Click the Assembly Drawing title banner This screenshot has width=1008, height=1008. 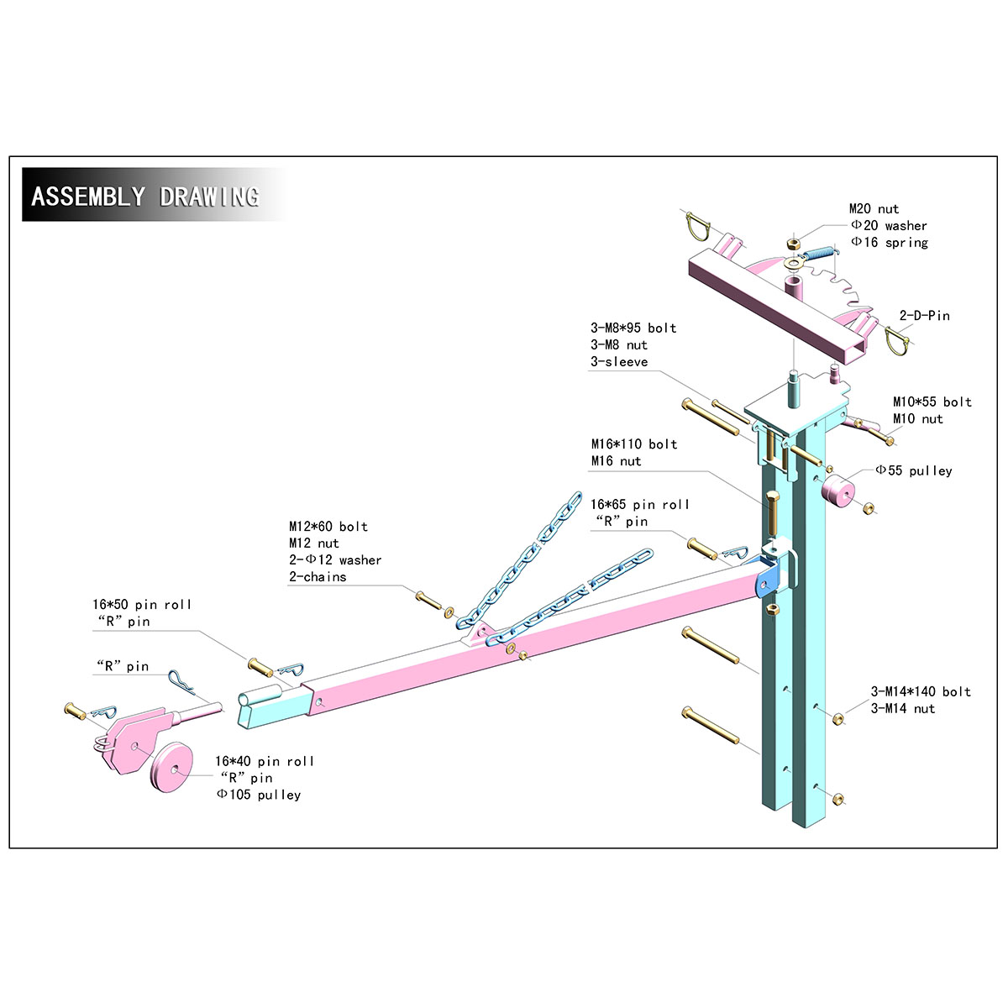pyautogui.click(x=144, y=196)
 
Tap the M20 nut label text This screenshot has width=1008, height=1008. pyautogui.click(x=874, y=209)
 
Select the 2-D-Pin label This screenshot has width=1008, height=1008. pyautogui.click(x=925, y=316)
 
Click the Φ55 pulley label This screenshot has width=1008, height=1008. pyautogui.click(x=914, y=470)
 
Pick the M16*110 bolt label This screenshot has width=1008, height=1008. pyautogui.click(x=634, y=444)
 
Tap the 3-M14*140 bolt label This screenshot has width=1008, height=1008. pyautogui.click(x=921, y=692)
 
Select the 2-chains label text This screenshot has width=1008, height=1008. pyautogui.click(x=318, y=577)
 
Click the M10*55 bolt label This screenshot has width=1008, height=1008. pyautogui.click(x=932, y=402)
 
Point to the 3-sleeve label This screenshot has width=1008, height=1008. pyautogui.click(x=619, y=362)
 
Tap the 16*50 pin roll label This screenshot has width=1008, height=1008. pyautogui.click(x=142, y=605)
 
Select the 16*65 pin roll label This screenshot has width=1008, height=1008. pyautogui.click(x=640, y=505)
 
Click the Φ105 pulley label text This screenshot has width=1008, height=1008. pyautogui.click(x=259, y=795)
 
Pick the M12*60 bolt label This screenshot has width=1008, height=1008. pyautogui.click(x=328, y=527)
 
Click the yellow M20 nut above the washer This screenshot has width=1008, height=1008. pyautogui.click(x=792, y=244)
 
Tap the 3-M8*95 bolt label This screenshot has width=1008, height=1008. pyautogui.click(x=633, y=328)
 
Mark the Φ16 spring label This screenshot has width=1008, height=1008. pyautogui.click(x=890, y=243)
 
